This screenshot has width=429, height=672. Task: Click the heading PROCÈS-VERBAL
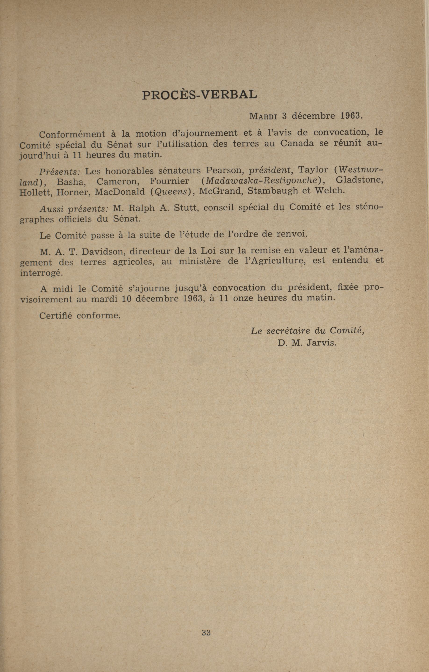[200, 95]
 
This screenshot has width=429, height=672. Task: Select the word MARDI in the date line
[263, 116]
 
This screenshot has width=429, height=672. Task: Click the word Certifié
[56, 316]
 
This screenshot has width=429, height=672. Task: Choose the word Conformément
[72, 134]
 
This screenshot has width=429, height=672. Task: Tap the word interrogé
[42, 273]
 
